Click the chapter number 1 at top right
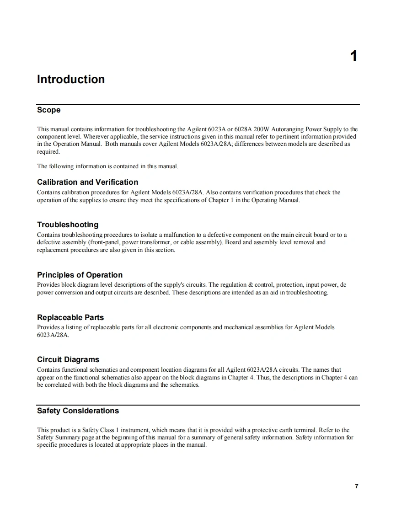click(353, 57)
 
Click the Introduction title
click(71, 80)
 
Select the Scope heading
click(48, 110)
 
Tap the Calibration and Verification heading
click(87, 182)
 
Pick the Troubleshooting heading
click(68, 224)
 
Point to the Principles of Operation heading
click(80, 275)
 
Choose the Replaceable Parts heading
click(70, 317)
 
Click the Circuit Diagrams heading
click(68, 359)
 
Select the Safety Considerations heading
click(78, 411)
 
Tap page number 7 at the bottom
click(356, 486)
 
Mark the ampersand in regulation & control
click(251, 285)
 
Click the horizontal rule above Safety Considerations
click(198, 405)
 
